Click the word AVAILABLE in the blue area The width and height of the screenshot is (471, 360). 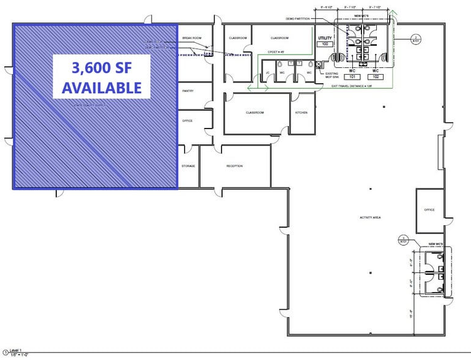(102, 88)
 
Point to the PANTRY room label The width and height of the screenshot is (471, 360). (188, 91)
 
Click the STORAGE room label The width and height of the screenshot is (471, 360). (188, 166)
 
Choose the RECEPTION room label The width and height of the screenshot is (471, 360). (234, 166)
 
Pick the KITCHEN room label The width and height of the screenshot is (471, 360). (302, 113)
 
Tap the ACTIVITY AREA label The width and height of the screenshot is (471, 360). (370, 217)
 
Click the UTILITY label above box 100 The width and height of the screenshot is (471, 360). (324, 38)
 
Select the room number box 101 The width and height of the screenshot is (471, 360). (352, 77)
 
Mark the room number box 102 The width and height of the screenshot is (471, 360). (375, 77)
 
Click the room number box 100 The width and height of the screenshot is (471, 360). (324, 44)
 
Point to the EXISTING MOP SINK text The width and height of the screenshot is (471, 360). (332, 75)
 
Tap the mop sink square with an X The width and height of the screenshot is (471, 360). (319, 64)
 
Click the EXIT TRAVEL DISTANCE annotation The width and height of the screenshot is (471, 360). (352, 86)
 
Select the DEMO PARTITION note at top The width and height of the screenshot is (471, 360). (298, 18)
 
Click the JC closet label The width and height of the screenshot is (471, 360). (267, 73)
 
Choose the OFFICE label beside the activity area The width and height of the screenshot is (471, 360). (429, 210)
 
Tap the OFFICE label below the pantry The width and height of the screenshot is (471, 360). (187, 121)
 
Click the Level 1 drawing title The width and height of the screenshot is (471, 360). (16, 350)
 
